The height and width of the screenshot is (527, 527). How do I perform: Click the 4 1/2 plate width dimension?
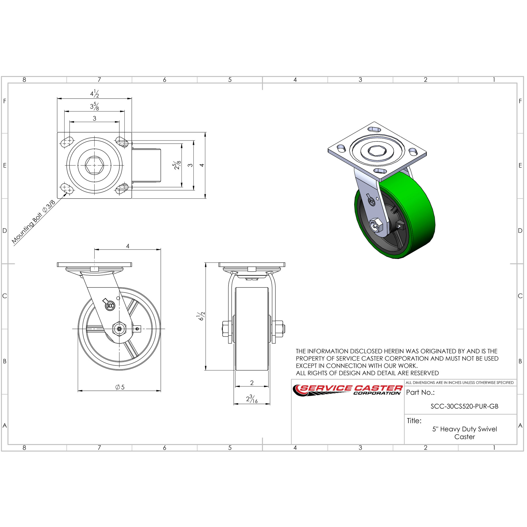94,94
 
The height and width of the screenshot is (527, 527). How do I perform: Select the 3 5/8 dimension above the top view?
94,106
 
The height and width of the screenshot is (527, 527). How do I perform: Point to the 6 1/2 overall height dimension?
201,316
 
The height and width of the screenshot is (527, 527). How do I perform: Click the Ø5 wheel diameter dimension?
120,387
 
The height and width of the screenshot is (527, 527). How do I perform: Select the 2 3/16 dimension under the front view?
252,399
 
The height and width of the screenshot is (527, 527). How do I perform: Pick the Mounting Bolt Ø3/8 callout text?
33,222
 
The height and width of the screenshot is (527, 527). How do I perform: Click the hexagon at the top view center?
94,165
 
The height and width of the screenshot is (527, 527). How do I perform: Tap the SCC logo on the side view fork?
110,305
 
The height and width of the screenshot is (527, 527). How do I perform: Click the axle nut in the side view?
119,329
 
